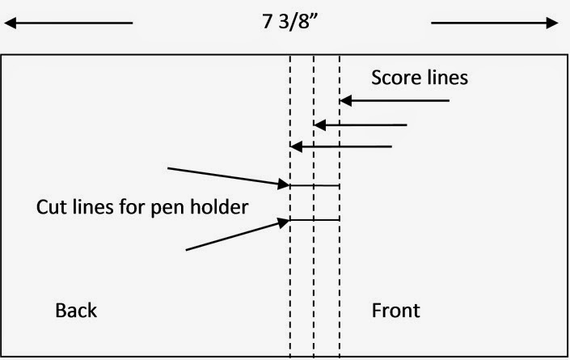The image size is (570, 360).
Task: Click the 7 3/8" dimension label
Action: click(x=289, y=22)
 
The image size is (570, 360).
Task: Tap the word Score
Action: click(x=395, y=78)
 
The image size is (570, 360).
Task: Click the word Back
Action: click(x=76, y=311)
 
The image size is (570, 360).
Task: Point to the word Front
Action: click(x=395, y=311)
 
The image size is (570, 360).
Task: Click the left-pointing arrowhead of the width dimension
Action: click(x=11, y=23)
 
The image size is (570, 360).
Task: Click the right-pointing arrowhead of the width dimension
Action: click(x=552, y=23)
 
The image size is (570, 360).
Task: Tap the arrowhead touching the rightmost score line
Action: click(x=346, y=101)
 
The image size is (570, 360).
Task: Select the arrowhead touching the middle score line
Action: click(x=319, y=125)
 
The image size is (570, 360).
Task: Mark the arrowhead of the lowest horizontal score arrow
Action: click(x=296, y=147)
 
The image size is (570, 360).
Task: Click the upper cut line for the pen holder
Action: click(x=315, y=186)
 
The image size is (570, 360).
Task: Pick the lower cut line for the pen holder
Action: click(x=315, y=220)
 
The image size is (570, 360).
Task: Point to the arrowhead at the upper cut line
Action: click(x=284, y=184)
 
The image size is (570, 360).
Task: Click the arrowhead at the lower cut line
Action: click(x=284, y=222)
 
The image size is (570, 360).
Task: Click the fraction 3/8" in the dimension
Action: click(x=298, y=22)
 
